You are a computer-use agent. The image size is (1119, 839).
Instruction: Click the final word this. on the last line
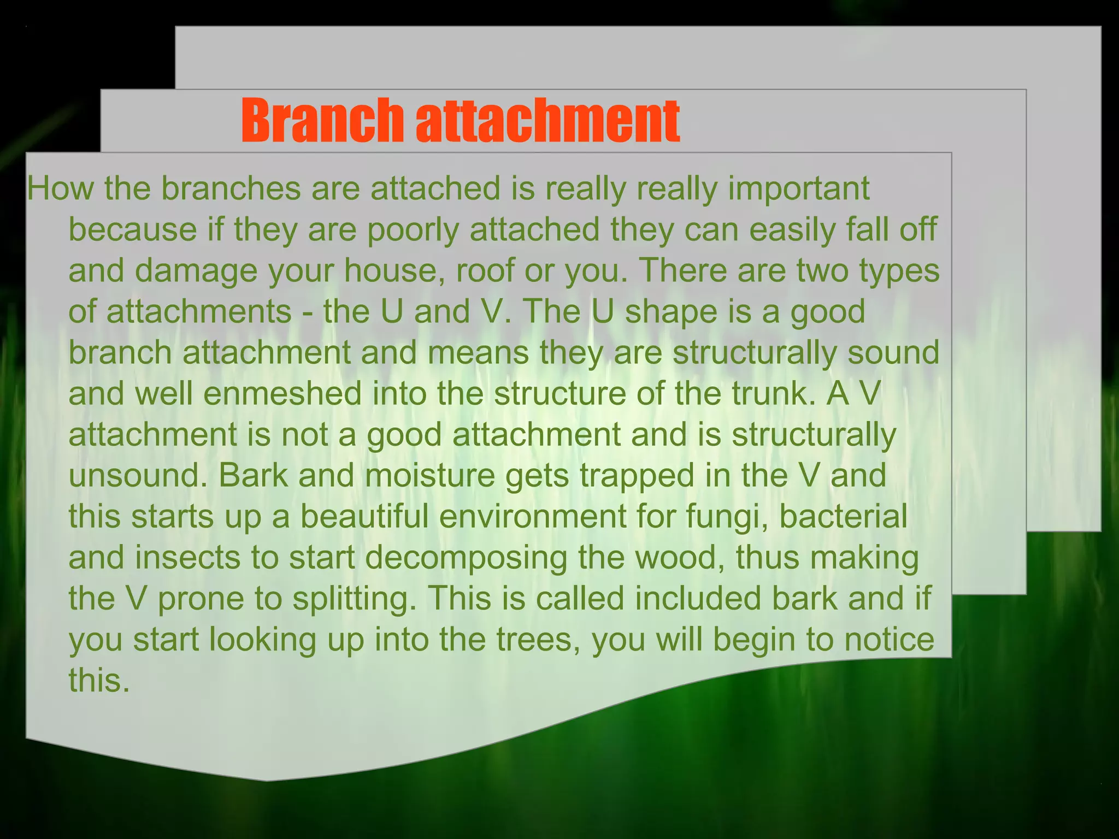coord(99,681)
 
